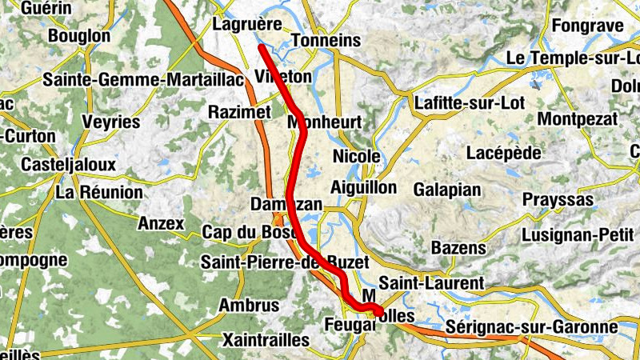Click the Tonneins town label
click(329, 41)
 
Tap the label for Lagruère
click(248, 25)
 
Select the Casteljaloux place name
click(69, 164)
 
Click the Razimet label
click(239, 112)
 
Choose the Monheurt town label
click(324, 122)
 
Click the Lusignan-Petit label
click(577, 235)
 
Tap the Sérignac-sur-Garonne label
click(531, 327)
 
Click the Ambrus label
click(250, 305)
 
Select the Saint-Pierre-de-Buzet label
click(285, 262)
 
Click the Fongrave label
click(586, 26)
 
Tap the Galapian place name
click(447, 190)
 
